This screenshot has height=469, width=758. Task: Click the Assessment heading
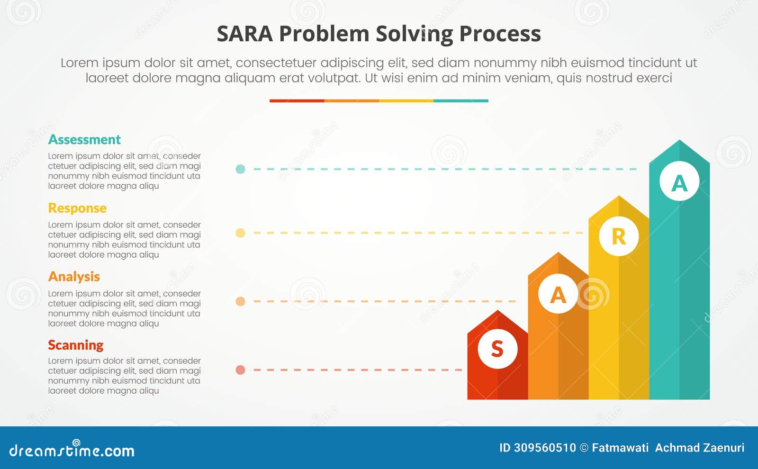(84, 140)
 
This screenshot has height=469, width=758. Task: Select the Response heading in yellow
(77, 208)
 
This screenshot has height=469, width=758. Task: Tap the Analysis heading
(74, 277)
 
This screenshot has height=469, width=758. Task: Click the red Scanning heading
(76, 345)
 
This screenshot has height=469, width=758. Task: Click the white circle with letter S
(497, 349)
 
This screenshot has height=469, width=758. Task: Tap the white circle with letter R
(619, 236)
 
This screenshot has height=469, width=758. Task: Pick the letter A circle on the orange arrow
(558, 295)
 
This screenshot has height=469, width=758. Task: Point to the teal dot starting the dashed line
(240, 169)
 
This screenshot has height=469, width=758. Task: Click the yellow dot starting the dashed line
(240, 233)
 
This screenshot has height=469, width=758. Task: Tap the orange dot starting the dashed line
(240, 301)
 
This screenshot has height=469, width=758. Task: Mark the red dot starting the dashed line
(240, 370)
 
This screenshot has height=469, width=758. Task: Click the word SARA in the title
(244, 34)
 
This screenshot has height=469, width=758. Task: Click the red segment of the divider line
(297, 101)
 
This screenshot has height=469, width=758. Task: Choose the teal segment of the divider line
(460, 101)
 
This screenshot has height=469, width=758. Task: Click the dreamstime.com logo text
(72, 451)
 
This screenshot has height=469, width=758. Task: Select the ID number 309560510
(544, 448)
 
